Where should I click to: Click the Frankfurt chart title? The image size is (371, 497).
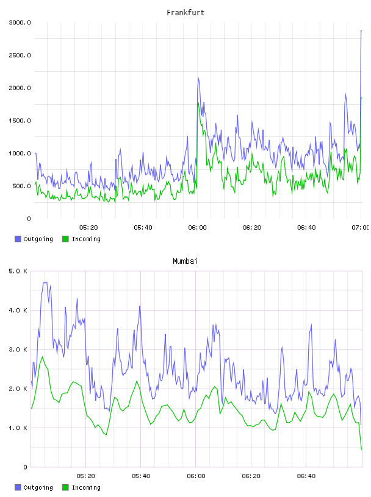click(x=185, y=13)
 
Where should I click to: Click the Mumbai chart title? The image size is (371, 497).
click(x=185, y=261)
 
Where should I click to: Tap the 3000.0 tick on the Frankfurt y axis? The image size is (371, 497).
click(x=20, y=23)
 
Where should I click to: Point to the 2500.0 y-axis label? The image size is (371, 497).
click(x=20, y=55)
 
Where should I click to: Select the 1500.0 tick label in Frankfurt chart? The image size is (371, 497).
click(x=20, y=121)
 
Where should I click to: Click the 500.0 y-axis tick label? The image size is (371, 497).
click(x=21, y=186)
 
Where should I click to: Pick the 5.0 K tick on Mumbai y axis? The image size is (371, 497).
click(x=18, y=271)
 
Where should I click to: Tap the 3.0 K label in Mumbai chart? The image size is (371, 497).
click(x=18, y=349)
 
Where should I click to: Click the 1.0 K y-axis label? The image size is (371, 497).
click(x=18, y=428)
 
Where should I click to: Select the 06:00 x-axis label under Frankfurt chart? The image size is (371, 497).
click(x=197, y=228)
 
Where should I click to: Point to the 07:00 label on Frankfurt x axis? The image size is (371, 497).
click(x=361, y=228)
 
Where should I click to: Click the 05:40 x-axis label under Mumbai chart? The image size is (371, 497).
click(x=141, y=476)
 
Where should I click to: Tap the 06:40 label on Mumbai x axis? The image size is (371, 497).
click(x=306, y=476)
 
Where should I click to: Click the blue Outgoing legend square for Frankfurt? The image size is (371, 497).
click(x=18, y=239)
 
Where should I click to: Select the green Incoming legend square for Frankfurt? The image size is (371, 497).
click(x=65, y=239)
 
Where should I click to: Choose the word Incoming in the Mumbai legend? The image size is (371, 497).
click(x=86, y=487)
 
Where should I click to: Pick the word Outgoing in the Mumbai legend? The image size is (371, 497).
click(x=38, y=487)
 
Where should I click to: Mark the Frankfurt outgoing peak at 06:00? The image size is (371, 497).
click(x=198, y=78)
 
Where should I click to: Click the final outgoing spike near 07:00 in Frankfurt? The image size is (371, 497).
click(x=361, y=30)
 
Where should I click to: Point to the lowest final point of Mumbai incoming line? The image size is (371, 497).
click(x=361, y=449)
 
